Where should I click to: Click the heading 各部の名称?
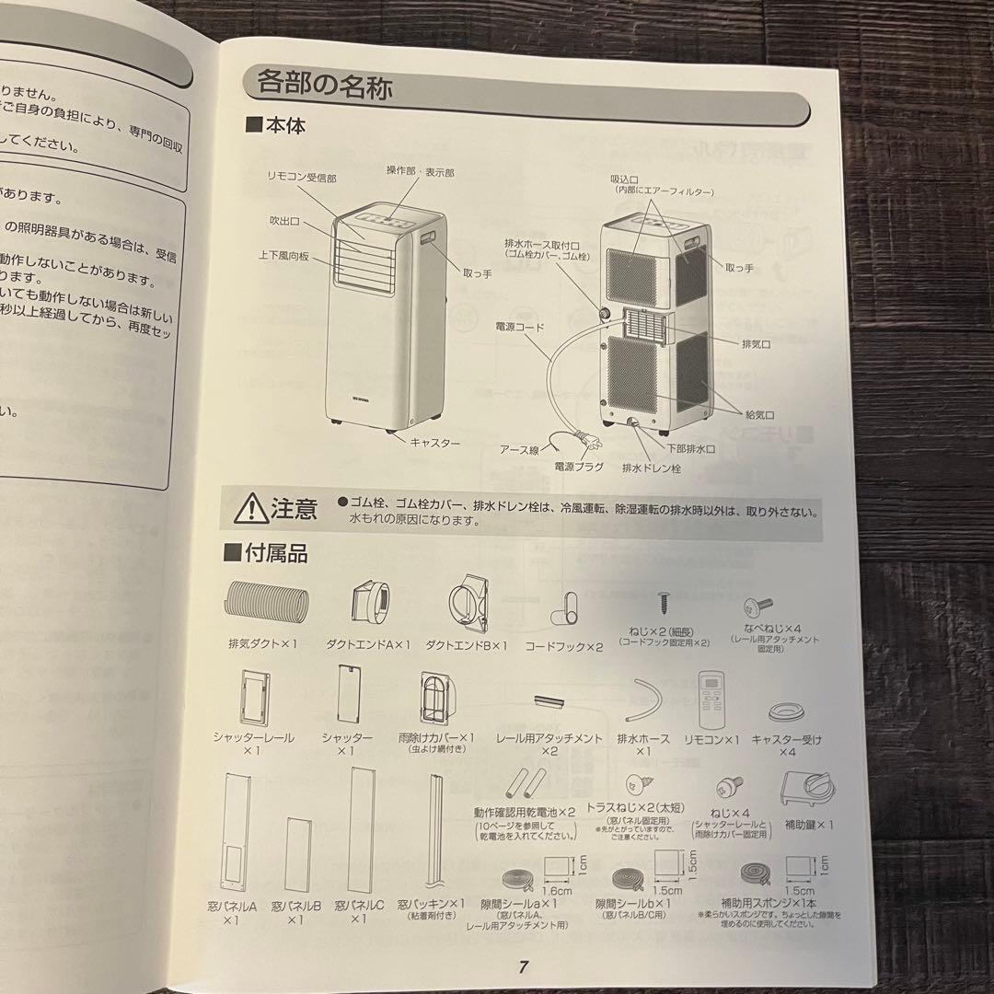pos(324,87)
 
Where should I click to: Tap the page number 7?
pos(522,965)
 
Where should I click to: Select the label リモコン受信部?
pos(301,174)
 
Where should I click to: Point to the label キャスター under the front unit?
pos(434,443)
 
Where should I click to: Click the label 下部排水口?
pos(692,448)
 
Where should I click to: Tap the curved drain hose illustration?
pos(645,700)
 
